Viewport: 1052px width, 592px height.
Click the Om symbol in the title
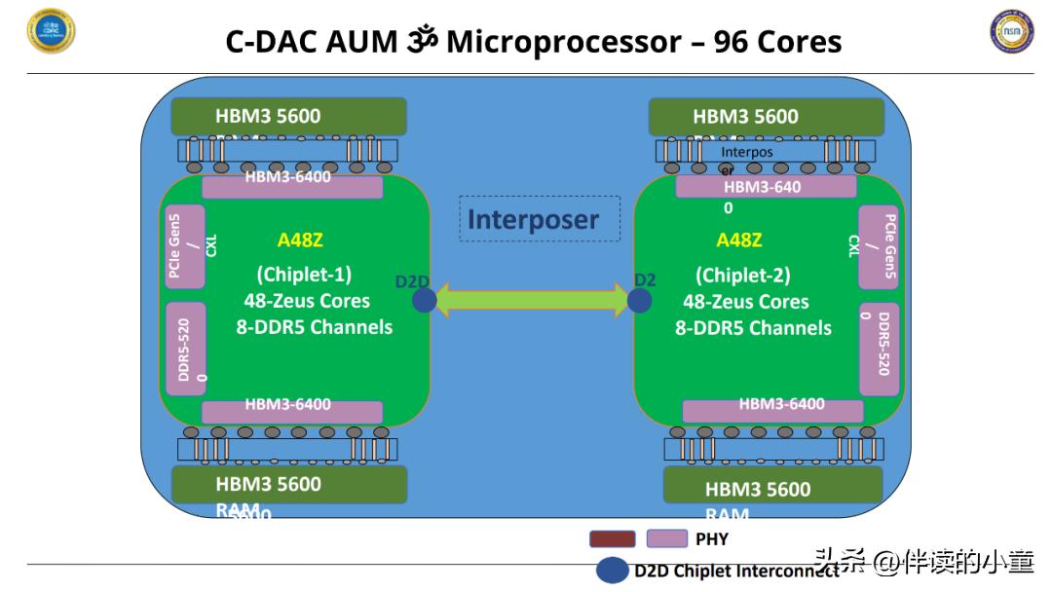point(421,41)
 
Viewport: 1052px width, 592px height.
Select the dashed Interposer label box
point(540,219)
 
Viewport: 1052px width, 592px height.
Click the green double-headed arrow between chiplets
point(531,300)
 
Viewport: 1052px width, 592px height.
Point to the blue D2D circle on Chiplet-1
point(424,300)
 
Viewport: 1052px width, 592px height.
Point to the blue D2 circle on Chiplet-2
point(640,300)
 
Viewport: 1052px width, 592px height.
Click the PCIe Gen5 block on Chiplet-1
point(184,246)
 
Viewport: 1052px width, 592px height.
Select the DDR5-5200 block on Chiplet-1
point(185,348)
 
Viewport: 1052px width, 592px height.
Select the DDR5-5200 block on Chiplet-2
point(879,348)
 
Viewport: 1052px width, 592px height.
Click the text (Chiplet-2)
point(742,276)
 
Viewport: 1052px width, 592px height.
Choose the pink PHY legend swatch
point(666,538)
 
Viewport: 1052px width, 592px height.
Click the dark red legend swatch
point(612,538)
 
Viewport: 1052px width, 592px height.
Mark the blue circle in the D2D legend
point(612,571)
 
